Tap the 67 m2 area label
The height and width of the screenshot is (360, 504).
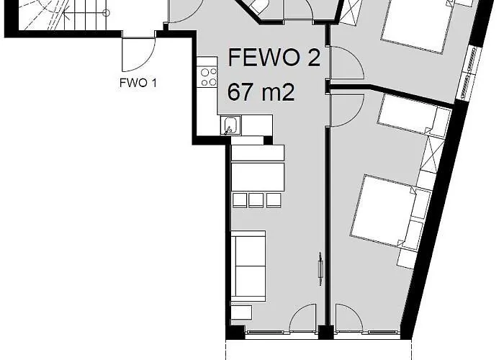(x=261, y=92)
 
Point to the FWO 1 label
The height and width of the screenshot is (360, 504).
(x=138, y=82)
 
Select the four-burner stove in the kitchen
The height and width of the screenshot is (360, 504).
(x=209, y=76)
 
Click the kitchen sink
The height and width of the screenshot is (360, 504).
(x=231, y=125)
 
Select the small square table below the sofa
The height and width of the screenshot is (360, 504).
(x=241, y=312)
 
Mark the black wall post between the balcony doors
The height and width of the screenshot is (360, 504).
(x=325, y=333)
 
